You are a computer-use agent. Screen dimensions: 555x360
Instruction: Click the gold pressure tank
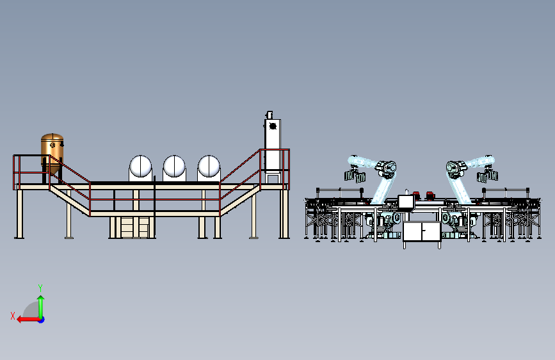(x=52, y=153)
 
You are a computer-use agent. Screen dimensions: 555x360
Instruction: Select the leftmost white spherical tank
(x=141, y=166)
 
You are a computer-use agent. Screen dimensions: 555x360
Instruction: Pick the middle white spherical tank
(x=174, y=166)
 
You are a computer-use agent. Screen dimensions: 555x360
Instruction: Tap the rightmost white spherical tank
(x=209, y=166)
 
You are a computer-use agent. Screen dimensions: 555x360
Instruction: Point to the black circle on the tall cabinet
(x=273, y=126)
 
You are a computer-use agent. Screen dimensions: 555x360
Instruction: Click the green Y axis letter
(x=40, y=288)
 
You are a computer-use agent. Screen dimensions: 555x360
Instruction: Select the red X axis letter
(x=13, y=316)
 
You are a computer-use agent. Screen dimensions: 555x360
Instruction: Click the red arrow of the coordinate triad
(x=28, y=320)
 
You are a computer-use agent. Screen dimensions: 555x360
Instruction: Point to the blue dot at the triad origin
(x=42, y=320)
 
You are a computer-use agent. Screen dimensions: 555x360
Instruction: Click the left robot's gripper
(x=355, y=176)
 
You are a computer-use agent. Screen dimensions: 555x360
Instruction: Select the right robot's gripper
(x=487, y=176)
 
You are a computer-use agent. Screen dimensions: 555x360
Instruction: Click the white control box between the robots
(x=406, y=202)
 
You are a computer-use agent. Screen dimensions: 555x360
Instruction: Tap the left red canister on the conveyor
(x=416, y=195)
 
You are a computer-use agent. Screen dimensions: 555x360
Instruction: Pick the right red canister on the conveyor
(x=430, y=195)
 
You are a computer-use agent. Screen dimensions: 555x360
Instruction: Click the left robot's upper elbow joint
(x=386, y=168)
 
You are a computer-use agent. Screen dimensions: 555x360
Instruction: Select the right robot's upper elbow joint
(x=457, y=168)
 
